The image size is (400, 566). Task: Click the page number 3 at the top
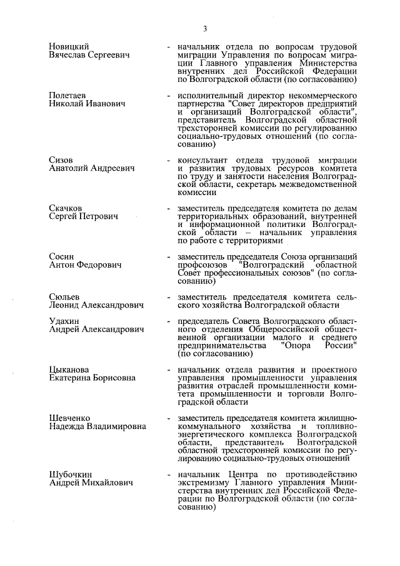(204, 28)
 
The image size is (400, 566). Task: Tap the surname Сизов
(61, 160)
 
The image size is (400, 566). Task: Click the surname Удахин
(64, 321)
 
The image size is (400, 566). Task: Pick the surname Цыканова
(69, 370)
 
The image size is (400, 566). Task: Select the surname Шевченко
(69, 418)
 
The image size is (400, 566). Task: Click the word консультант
(203, 160)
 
